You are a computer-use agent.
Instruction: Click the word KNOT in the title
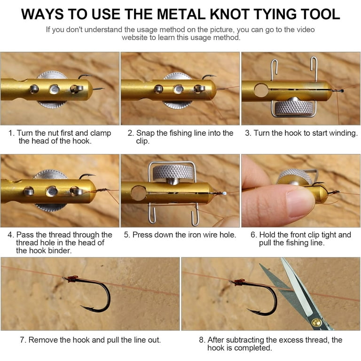(230, 14)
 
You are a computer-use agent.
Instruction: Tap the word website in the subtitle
(135, 38)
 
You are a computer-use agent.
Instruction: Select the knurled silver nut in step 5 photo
(173, 172)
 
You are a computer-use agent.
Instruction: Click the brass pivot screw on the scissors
(316, 322)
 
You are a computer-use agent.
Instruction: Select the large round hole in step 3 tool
(261, 90)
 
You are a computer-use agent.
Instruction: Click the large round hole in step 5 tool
(139, 193)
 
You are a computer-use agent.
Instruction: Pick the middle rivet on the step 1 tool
(55, 89)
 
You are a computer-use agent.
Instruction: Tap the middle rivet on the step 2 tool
(179, 89)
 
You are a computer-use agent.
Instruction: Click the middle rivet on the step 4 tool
(52, 191)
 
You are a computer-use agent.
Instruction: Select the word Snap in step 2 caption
(145, 133)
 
